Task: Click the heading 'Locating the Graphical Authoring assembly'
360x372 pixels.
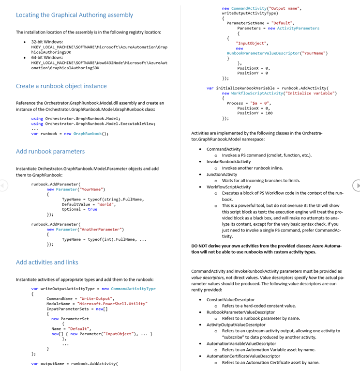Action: (x=74, y=15)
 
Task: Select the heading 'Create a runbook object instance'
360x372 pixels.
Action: (x=61, y=86)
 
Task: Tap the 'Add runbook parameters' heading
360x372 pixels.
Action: (x=50, y=152)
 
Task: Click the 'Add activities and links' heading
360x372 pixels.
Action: (x=47, y=263)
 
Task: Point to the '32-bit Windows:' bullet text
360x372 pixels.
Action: (x=47, y=42)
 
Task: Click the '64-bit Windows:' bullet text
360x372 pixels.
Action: (x=47, y=58)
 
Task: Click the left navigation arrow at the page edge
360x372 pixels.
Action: (x=3, y=185)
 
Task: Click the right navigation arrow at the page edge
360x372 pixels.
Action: (x=357, y=185)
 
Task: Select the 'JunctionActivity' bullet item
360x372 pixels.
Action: (x=222, y=174)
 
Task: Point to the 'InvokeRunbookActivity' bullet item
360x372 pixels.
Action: (x=228, y=162)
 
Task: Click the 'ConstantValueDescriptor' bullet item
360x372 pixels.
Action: (x=230, y=300)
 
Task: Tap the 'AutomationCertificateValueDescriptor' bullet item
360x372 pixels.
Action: (x=243, y=356)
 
